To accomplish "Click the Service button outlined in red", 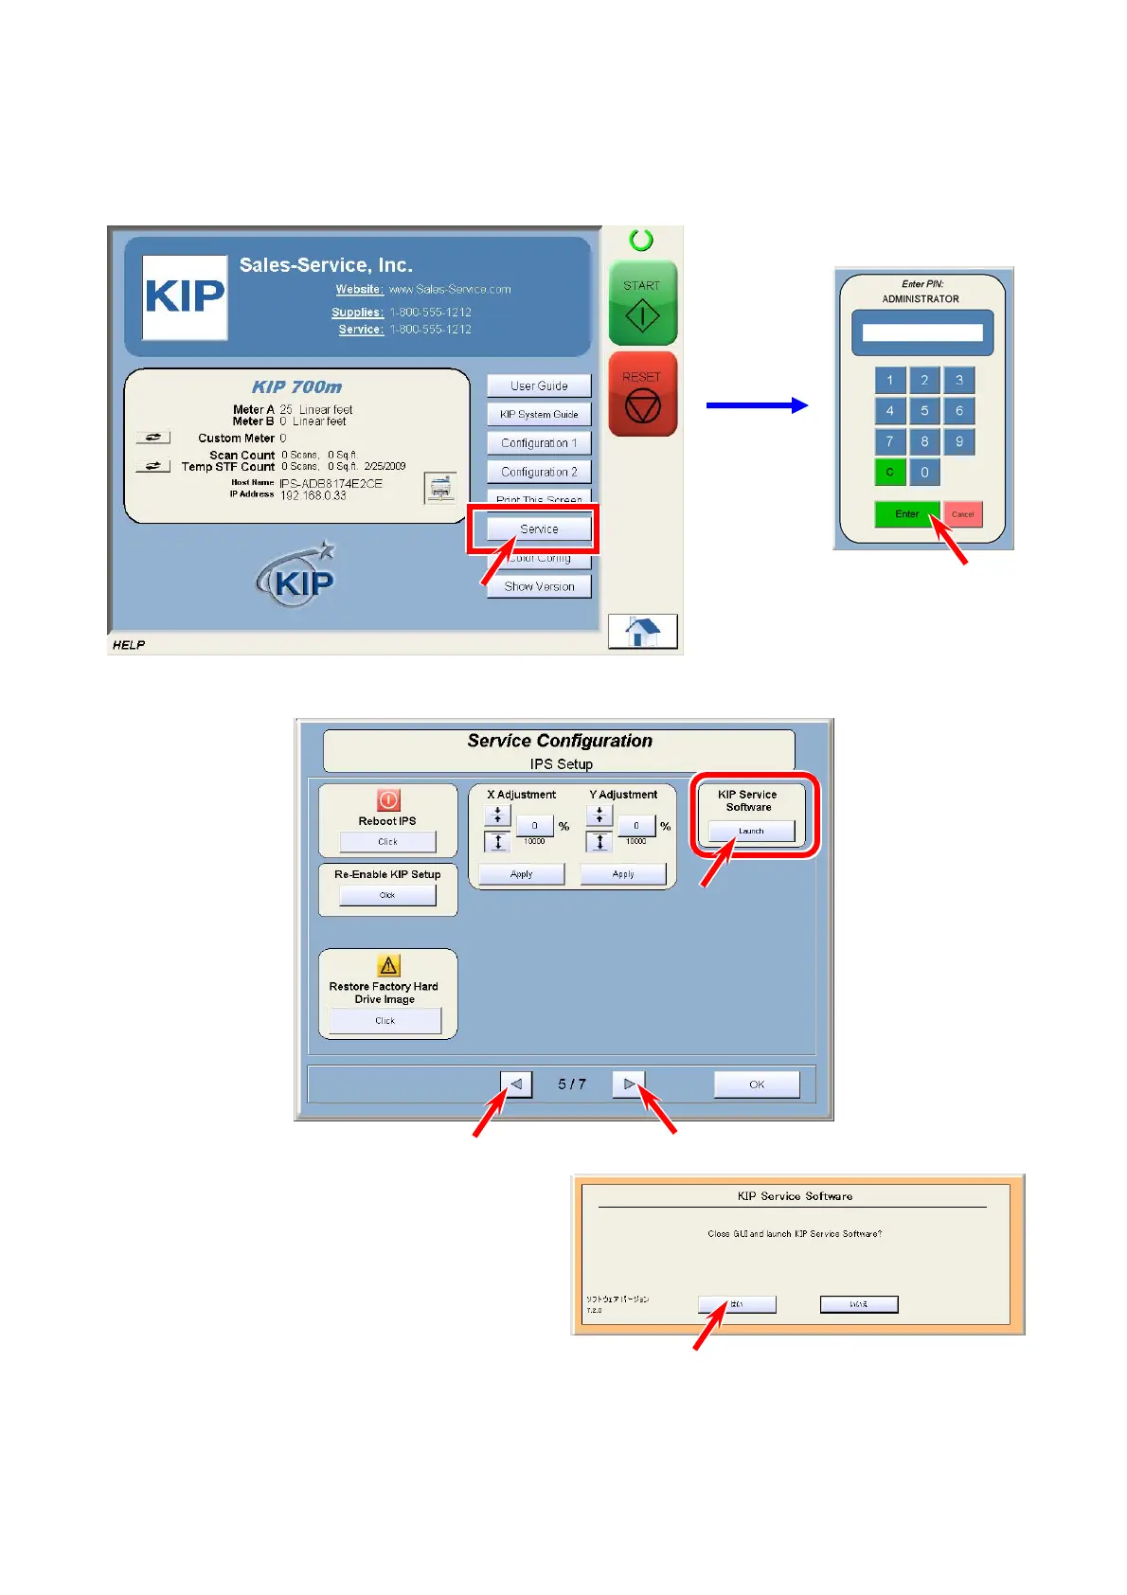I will [539, 529].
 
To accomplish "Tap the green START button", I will [642, 303].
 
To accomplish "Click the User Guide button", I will [539, 385].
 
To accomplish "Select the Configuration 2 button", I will [539, 472].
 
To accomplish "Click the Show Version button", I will [539, 586].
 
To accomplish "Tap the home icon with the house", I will [643, 631].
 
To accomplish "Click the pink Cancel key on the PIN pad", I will [962, 514].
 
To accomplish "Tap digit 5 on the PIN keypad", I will [924, 411].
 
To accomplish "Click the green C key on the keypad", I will [889, 472].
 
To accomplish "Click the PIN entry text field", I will [921, 332].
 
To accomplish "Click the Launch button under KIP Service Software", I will [751, 831].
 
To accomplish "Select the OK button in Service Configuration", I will [756, 1084].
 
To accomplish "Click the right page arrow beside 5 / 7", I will [628, 1084].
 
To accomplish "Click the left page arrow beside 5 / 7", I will [516, 1084].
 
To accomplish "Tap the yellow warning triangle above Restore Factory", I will [388, 965].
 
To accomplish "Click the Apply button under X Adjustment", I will [521, 874].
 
